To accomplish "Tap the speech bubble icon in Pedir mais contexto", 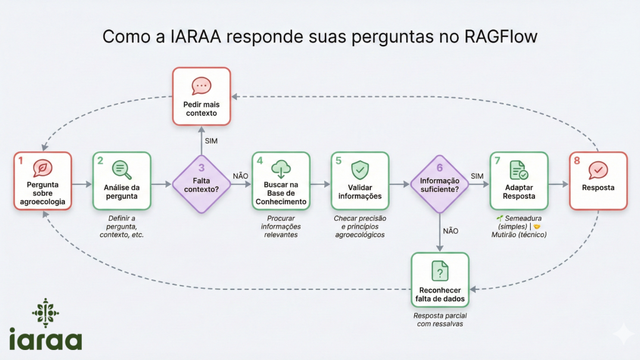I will (201, 86).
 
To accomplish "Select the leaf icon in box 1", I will (42, 168).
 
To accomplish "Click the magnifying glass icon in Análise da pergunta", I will (121, 168).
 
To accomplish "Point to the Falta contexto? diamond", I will (201, 184).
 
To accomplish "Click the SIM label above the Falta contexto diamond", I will (211, 141).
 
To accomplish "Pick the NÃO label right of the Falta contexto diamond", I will (240, 176).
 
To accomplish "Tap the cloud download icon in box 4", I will (281, 168).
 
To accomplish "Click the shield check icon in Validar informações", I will (360, 168).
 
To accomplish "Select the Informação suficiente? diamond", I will (439, 184).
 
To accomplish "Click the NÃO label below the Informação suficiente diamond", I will (451, 231).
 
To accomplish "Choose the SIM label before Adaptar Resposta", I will (477, 176).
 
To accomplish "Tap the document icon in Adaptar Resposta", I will (518, 169).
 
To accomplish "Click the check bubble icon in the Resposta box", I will (598, 169).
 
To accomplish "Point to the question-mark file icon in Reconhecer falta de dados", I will (440, 271).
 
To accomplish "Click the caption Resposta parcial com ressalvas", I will (440, 319).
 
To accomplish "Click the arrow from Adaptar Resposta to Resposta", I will (558, 184).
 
